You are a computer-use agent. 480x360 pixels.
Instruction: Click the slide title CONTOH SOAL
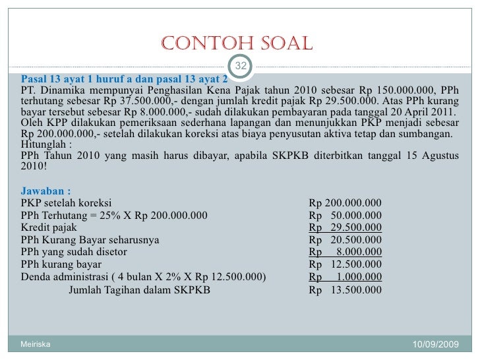coord(235,44)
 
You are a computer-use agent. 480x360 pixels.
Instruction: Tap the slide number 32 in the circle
coord(241,66)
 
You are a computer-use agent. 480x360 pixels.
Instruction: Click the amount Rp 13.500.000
coord(345,289)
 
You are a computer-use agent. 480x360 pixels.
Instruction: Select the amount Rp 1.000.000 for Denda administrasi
coord(345,277)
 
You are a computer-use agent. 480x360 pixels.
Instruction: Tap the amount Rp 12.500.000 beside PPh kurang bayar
coord(345,264)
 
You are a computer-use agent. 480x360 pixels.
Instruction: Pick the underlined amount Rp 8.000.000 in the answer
coord(345,252)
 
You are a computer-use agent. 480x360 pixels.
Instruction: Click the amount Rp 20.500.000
coord(345,239)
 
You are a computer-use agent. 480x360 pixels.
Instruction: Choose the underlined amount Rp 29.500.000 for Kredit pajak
coord(345,227)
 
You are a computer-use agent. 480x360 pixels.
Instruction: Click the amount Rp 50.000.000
coord(345,215)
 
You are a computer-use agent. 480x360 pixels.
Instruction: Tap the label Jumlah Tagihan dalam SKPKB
coord(140,289)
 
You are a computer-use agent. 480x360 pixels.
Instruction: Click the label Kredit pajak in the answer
coord(49,227)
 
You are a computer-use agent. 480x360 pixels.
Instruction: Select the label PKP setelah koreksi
coord(67,202)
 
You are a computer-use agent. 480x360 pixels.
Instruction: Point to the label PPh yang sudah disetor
coord(75,252)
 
